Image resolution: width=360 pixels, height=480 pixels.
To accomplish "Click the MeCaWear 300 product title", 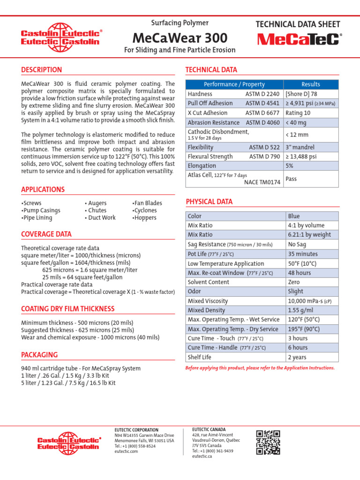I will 180,38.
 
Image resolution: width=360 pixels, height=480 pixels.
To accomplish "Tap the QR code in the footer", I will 268,442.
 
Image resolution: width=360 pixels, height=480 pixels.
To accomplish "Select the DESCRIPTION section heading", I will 41,70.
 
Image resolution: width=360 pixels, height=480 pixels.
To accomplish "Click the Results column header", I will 311,84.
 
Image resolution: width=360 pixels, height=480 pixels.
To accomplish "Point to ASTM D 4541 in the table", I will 262,103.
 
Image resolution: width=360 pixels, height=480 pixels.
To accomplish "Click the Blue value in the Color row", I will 293,216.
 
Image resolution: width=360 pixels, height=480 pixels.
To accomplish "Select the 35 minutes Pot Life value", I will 302,254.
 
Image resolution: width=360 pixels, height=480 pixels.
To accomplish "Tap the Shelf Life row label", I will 199,357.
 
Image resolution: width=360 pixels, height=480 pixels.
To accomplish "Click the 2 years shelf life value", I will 298,357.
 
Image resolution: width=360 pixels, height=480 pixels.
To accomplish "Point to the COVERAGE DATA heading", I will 46,234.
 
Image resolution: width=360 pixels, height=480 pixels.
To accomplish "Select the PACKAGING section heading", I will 39,355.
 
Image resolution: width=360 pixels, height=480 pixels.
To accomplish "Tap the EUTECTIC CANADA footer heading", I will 209,429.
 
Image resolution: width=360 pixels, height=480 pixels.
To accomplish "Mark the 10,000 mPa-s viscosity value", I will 310,301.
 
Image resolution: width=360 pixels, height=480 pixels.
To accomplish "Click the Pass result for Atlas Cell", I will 291,179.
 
